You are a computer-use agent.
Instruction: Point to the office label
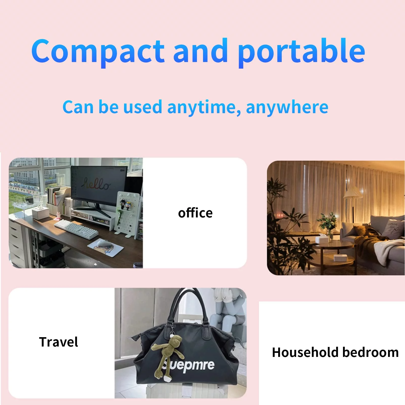coord(195,213)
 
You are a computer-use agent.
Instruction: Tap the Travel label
coord(58,342)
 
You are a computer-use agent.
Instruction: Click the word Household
coord(306,352)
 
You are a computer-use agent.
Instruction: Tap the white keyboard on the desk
coord(76,229)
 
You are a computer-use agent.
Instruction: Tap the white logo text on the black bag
coord(189,366)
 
